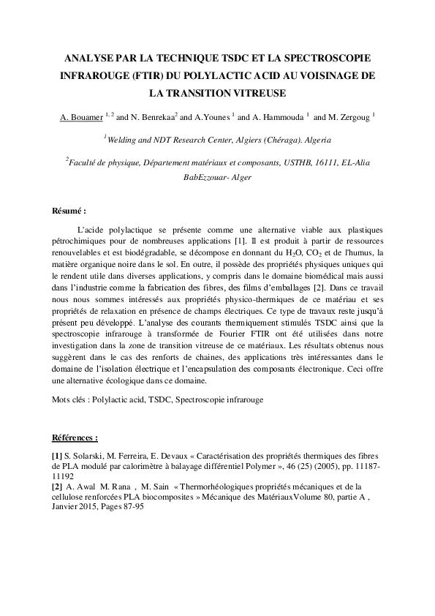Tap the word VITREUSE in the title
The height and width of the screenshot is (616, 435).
[x=258, y=93]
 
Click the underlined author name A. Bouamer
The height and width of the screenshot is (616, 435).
[x=83, y=116]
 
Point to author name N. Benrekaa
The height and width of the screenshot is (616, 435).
[x=154, y=116]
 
